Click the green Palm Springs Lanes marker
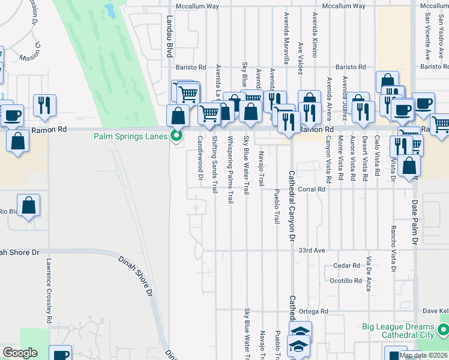tap(176, 136)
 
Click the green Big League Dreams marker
tap(443, 329)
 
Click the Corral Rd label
tap(312, 189)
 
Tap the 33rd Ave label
tap(312, 250)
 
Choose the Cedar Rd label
tap(348, 265)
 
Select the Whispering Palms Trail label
tap(231, 170)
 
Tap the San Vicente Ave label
tap(427, 36)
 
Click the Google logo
tap(20, 353)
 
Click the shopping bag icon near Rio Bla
tap(29, 205)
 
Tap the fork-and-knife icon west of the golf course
tap(44, 106)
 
